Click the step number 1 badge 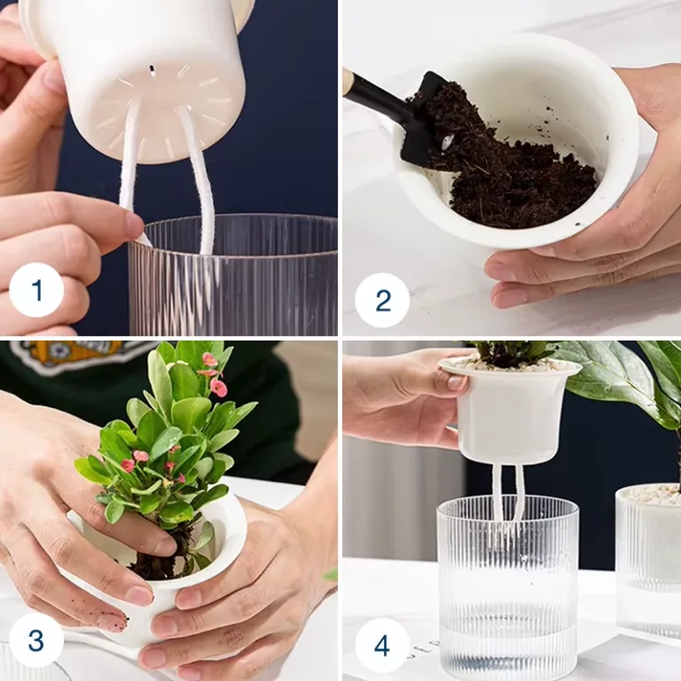point(36,290)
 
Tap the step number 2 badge point(382,300)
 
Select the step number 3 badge point(36,639)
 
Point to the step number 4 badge point(382,646)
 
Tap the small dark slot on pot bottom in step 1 point(152,69)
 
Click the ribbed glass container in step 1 point(232,275)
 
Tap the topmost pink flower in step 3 point(209,359)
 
